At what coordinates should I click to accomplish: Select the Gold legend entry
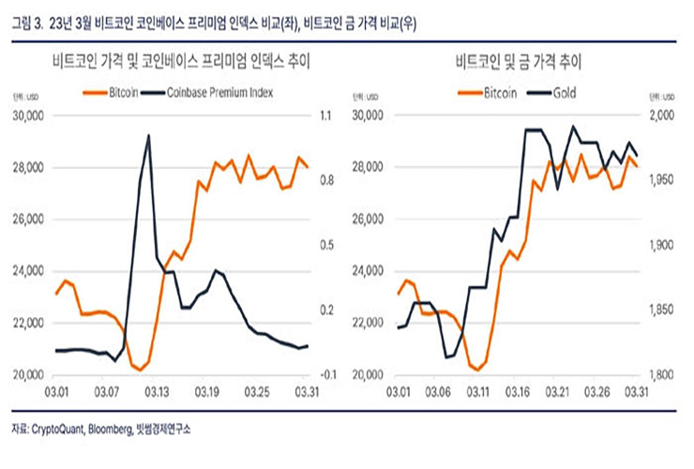click(x=564, y=93)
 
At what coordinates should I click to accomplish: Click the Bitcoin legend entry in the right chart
click(x=494, y=93)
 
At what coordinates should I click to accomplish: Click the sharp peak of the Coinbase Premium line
click(x=148, y=135)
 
